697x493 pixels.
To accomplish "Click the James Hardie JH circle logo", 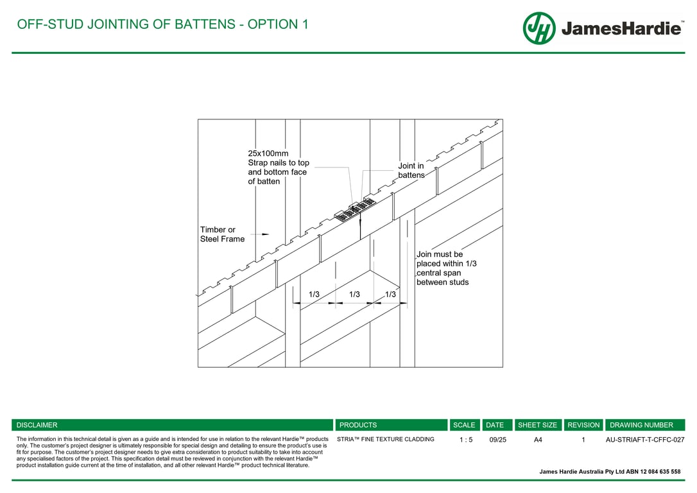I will pyautogui.click(x=538, y=28).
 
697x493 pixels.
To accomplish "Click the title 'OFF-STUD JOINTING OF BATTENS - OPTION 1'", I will pyautogui.click(x=162, y=24).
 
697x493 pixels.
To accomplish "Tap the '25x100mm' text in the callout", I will pyautogui.click(x=268, y=153).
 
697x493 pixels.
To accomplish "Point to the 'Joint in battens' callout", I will pyautogui.click(x=411, y=170).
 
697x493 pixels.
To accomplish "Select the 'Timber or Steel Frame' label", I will pyautogui.click(x=222, y=234).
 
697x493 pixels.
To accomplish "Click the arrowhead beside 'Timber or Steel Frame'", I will pyautogui.click(x=265, y=234).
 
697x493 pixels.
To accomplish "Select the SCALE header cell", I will pyautogui.click(x=464, y=425).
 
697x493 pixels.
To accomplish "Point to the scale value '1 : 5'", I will pyautogui.click(x=466, y=440).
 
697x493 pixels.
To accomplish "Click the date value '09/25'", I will pyautogui.click(x=497, y=440).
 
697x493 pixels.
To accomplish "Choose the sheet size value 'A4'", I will pyautogui.click(x=538, y=440).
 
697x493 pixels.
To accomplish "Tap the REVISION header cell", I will pyautogui.click(x=583, y=425).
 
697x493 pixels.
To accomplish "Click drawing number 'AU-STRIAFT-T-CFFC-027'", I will pyautogui.click(x=645, y=440).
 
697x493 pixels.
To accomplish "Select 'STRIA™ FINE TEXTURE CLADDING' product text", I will pyautogui.click(x=386, y=440).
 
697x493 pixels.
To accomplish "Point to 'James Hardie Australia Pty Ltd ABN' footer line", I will pyautogui.click(x=610, y=472).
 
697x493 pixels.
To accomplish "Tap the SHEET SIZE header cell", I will pyautogui.click(x=538, y=425).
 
